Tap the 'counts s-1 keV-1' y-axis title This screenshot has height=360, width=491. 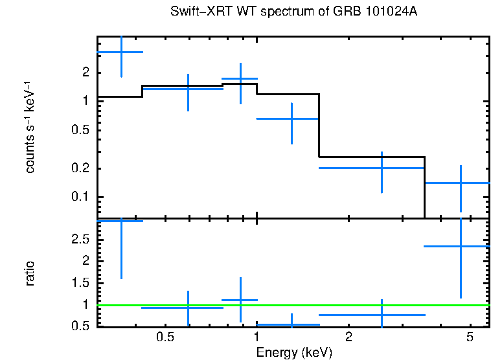[x=30, y=127]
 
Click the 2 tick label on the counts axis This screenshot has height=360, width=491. [x=85, y=73]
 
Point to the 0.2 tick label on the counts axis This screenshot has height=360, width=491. [x=81, y=169]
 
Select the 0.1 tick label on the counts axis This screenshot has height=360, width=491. [x=81, y=197]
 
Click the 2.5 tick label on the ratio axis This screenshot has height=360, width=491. [x=81, y=240]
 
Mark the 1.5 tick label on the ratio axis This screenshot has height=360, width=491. [x=81, y=283]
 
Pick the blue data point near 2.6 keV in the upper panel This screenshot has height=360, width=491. [x=382, y=168]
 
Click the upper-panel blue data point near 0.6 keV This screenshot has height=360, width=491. [x=188, y=89]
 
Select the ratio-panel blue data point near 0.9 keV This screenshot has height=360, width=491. [x=240, y=300]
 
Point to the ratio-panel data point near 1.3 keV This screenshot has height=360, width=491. [x=291, y=324]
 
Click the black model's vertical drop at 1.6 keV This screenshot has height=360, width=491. [x=319, y=126]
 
